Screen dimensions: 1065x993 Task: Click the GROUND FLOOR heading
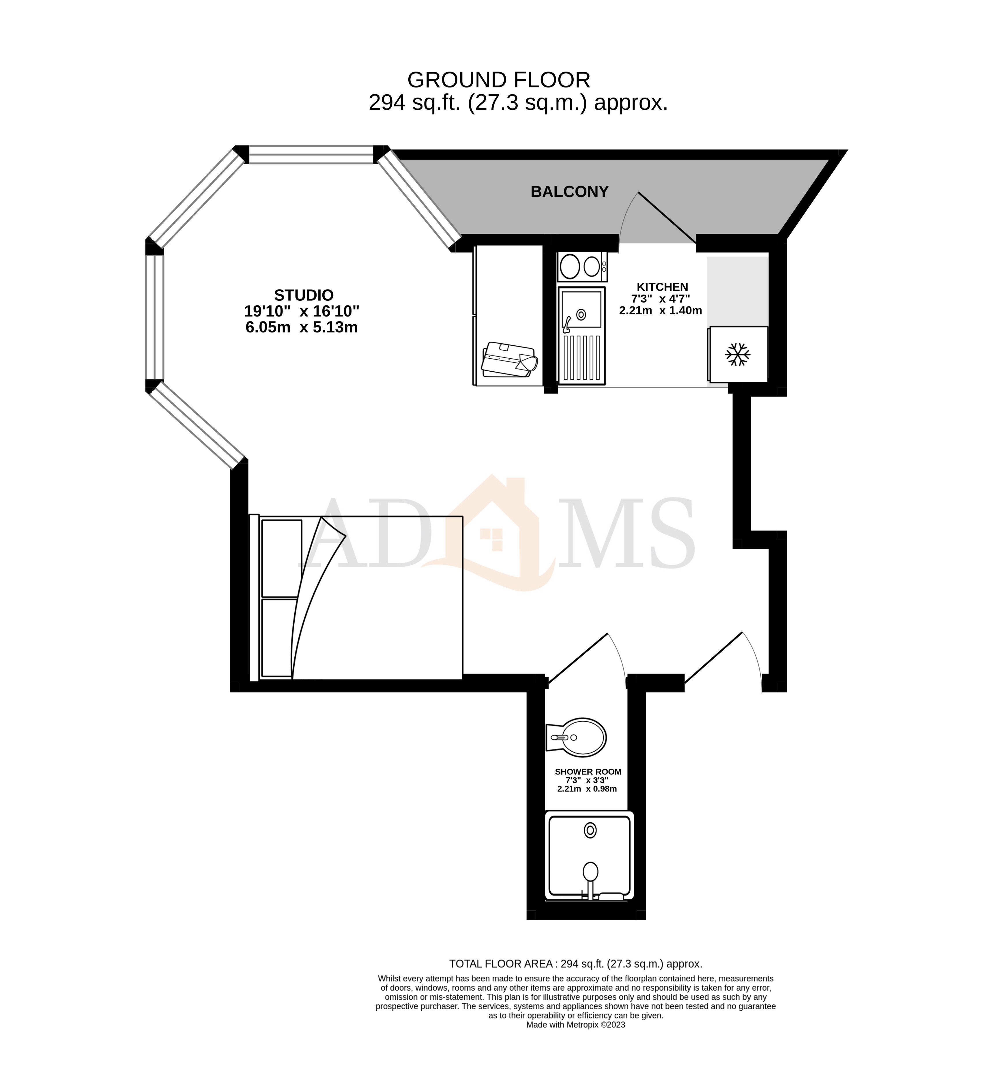498,80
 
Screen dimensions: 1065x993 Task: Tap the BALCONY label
569,192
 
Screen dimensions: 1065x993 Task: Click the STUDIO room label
303,295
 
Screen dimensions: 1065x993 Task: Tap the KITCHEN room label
662,287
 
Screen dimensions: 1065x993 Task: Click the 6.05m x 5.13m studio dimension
301,327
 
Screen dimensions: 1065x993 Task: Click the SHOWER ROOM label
588,772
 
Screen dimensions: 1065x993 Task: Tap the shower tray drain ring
590,830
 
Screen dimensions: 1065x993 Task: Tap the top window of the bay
311,154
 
